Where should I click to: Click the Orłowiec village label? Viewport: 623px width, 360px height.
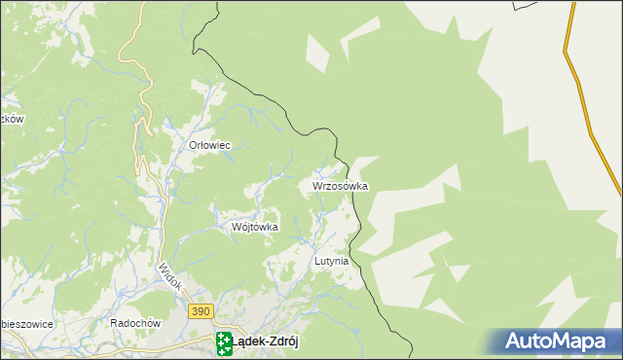pos(208,145)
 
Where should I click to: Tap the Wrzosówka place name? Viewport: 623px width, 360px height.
pos(340,185)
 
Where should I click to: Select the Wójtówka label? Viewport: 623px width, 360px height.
pos(255,227)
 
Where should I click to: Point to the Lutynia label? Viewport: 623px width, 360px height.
pos(331,262)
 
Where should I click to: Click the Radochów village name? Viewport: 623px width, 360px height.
pos(134,323)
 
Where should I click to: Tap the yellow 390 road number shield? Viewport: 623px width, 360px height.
pos(200,309)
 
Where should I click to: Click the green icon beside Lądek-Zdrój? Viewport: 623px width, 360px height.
pos(224,341)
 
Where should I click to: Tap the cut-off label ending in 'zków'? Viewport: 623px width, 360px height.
pos(11,119)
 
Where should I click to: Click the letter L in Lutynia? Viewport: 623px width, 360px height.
pos(317,262)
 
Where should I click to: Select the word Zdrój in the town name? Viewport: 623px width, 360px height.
pos(280,340)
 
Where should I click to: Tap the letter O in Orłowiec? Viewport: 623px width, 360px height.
pos(193,145)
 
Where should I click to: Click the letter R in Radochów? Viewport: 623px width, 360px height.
pos(115,323)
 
